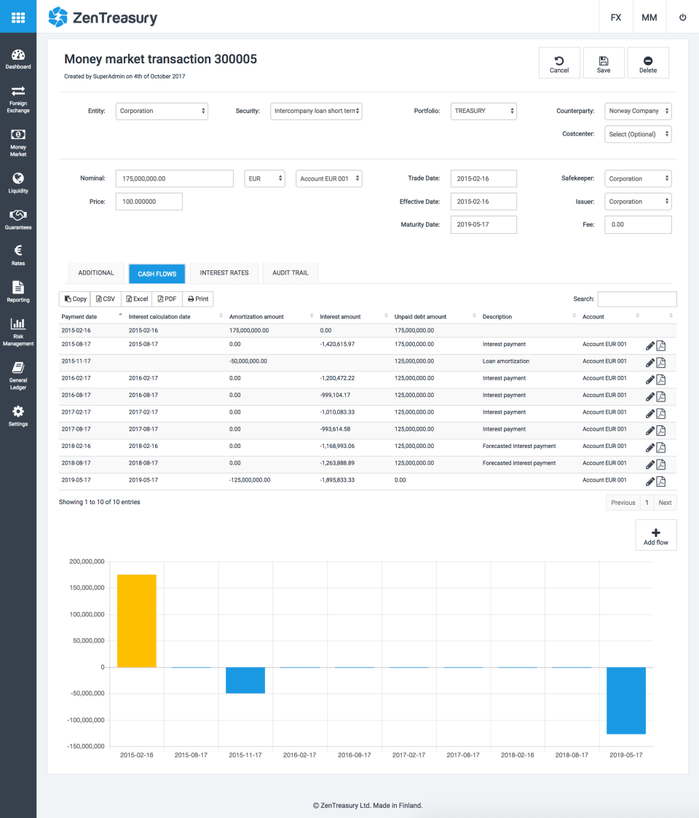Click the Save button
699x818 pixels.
pyautogui.click(x=604, y=63)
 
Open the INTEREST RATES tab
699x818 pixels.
pyautogui.click(x=224, y=273)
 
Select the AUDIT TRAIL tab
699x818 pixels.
pyautogui.click(x=291, y=273)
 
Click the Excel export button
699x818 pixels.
pyautogui.click(x=136, y=299)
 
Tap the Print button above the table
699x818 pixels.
pyautogui.click(x=197, y=299)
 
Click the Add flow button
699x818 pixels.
pyautogui.click(x=656, y=535)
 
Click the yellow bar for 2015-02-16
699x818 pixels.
pyautogui.click(x=137, y=621)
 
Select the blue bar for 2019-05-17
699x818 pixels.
pyautogui.click(x=626, y=700)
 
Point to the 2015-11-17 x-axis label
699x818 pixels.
pyautogui.click(x=245, y=755)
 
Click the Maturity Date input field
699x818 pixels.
pyautogui.click(x=483, y=224)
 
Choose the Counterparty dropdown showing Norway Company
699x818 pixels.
pyautogui.click(x=638, y=111)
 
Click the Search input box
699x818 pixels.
pyautogui.click(x=637, y=299)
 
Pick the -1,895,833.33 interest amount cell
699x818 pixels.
pyautogui.click(x=337, y=480)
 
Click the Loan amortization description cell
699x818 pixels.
pyautogui.click(x=506, y=361)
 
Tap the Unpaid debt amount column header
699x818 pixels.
pyautogui.click(x=420, y=317)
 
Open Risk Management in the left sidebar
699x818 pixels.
pyautogui.click(x=18, y=331)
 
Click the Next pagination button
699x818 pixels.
pyautogui.click(x=665, y=503)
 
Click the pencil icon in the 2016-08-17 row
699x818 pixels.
pyautogui.click(x=650, y=396)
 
